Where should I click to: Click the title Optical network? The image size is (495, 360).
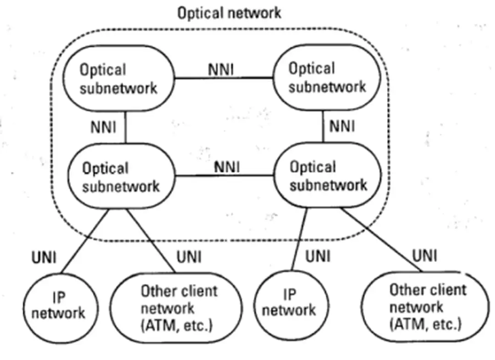[229, 12]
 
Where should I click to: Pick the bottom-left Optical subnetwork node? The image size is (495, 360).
[121, 177]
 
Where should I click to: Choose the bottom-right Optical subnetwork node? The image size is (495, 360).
[327, 176]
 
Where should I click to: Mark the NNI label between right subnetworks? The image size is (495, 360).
[342, 126]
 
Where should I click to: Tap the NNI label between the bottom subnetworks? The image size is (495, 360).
[226, 167]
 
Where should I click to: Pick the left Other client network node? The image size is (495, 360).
[178, 308]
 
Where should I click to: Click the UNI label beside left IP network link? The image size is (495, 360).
[44, 258]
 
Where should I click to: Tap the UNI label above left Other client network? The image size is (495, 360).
[189, 257]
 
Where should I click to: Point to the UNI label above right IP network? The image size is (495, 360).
[318, 256]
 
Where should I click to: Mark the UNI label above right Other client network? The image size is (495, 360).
[425, 256]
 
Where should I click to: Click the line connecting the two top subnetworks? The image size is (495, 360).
[224, 78]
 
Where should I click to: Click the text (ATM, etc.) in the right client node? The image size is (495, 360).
[425, 324]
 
